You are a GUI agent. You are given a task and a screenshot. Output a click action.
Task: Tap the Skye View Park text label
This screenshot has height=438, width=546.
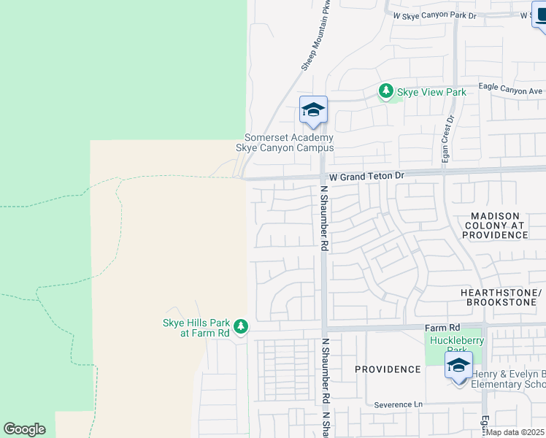431,93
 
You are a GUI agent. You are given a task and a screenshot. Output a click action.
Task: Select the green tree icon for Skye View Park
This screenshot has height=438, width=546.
385,91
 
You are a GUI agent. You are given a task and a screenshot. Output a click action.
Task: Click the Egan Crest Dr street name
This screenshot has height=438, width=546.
448,139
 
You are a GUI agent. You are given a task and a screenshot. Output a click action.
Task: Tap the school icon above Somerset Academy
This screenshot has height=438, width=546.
313,110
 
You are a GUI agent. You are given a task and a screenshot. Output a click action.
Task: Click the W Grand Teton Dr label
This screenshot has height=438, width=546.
366,177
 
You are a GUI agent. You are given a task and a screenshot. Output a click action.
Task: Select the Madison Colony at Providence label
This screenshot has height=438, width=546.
495,226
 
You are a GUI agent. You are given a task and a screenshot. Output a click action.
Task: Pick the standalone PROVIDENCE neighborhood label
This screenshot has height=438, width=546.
388,369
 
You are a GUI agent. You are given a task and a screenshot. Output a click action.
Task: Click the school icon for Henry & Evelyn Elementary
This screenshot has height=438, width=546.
458,366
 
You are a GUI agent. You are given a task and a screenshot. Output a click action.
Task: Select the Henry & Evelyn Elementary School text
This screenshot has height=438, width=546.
508,380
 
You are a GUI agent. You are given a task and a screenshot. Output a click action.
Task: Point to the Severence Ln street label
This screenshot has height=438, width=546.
399,404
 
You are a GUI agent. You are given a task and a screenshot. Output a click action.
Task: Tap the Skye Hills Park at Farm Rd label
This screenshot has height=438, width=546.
196,328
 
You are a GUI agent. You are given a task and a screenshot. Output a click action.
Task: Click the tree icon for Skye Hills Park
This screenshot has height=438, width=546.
242,326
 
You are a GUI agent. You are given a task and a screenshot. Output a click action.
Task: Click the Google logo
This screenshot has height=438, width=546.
24,429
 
